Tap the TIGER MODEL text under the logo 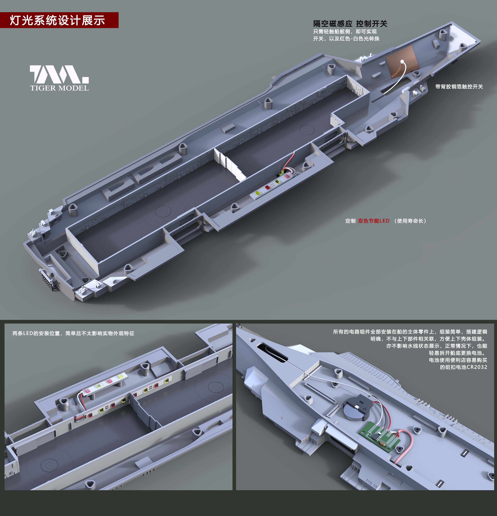tap(60, 88)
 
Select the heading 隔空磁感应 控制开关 tap(350, 24)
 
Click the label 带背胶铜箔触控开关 tap(459, 87)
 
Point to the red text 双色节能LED tap(374, 221)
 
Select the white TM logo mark tap(59, 74)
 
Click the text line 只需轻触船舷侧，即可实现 tap(345, 32)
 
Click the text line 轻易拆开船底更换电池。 tap(458, 353)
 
